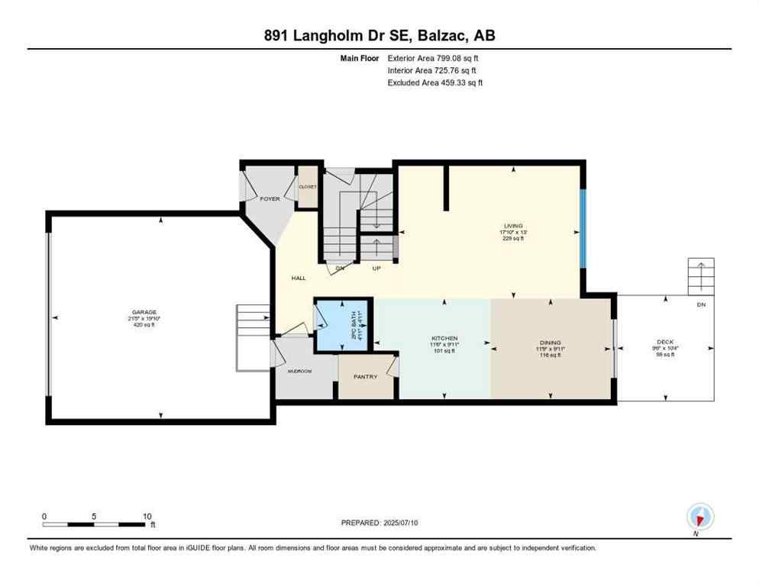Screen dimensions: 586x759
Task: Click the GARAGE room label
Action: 144,312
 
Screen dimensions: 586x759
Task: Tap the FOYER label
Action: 270,198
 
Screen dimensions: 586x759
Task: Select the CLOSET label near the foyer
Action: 308,186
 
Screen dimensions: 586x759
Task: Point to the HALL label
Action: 299,278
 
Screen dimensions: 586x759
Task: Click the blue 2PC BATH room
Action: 337,326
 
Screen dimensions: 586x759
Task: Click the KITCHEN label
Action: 444,338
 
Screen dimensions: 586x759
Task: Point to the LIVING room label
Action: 512,226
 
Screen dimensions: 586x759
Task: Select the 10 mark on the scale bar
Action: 147,515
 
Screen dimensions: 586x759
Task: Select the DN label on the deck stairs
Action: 701,304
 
